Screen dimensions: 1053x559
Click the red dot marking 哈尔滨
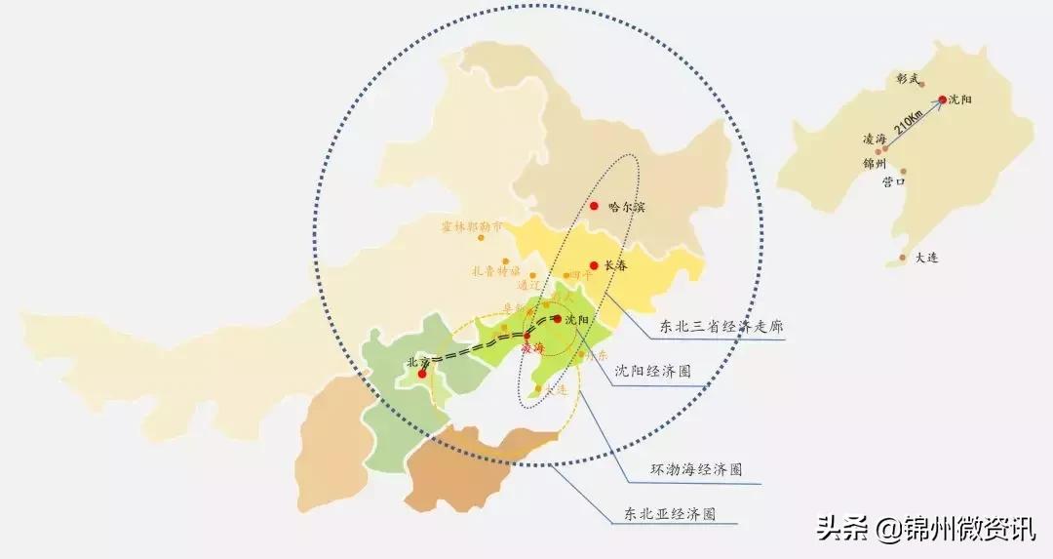594,206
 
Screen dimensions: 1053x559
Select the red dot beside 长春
594,264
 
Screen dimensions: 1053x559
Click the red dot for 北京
422,373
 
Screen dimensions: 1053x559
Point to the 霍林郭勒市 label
473,225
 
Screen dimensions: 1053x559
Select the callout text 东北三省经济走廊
721,327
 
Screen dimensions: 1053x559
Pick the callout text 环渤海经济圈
696,469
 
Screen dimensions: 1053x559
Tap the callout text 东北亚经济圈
670,513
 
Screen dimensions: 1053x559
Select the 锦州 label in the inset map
875,163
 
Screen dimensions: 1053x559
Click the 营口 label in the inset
894,181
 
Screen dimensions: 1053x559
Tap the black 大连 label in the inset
926,258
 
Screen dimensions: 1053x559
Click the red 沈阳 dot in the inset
943,100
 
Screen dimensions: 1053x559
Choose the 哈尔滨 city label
627,207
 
